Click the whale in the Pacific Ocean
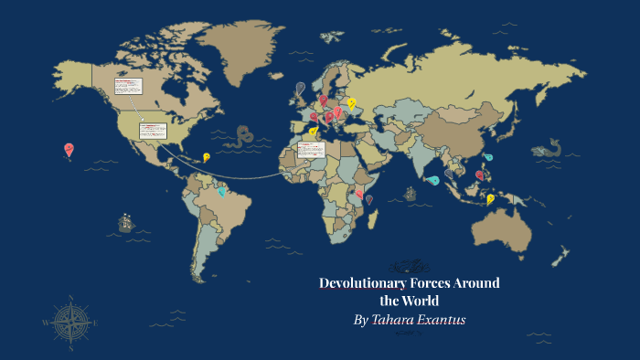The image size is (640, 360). pos(549,147)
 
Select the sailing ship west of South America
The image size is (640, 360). pos(125,223)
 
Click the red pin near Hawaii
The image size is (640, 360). pos(69,149)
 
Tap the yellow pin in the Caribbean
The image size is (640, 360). pos(207,157)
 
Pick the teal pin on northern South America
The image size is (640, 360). pos(221,190)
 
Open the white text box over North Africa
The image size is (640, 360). pos(311,148)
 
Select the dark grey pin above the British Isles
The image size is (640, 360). pos(300,88)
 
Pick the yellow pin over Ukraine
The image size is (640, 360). pos(351,103)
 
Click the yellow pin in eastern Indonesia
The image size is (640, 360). pos(491,198)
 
